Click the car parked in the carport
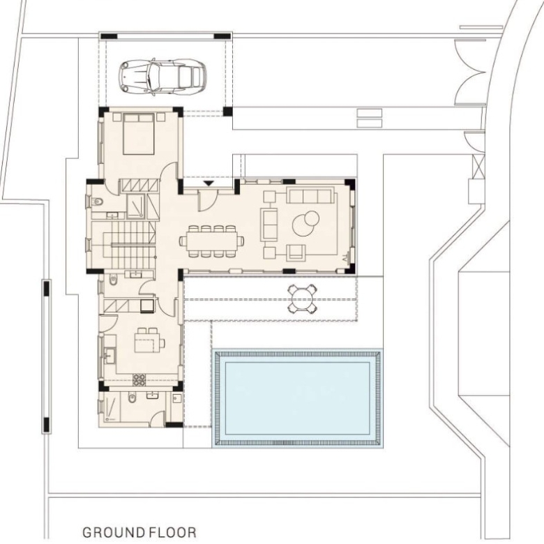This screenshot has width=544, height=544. click(163, 77)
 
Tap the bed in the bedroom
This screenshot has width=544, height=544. click(139, 134)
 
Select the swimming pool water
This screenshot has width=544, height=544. click(297, 398)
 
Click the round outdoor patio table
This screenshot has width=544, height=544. click(302, 299)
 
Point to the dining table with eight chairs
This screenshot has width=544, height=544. click(211, 241)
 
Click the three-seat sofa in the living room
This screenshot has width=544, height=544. click(310, 196)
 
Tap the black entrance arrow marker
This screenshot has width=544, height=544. click(208, 183)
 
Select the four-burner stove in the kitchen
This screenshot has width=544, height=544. click(139, 380)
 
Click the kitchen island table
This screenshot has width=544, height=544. click(147, 340)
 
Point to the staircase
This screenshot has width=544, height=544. click(129, 245)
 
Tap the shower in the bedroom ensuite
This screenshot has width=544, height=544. click(136, 206)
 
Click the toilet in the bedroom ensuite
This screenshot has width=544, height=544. click(97, 202)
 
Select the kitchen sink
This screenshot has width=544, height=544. click(110, 355)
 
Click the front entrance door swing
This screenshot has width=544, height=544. click(208, 200)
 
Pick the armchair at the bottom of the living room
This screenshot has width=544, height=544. click(296, 252)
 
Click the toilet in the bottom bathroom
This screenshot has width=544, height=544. click(132, 398)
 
